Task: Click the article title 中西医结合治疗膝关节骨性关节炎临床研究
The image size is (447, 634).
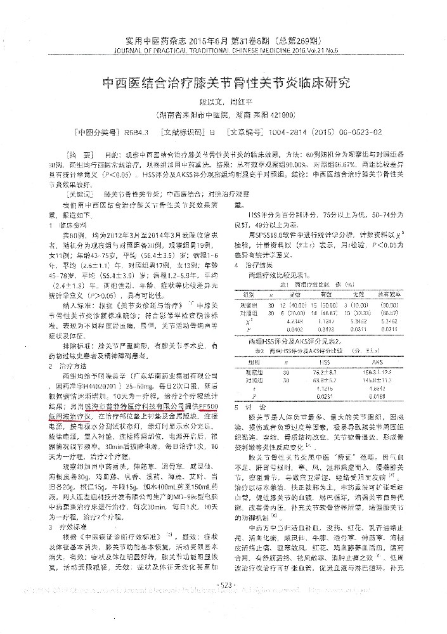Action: (226, 83)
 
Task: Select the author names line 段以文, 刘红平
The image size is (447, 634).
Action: (226, 101)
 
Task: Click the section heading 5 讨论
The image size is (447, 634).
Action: (249, 403)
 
